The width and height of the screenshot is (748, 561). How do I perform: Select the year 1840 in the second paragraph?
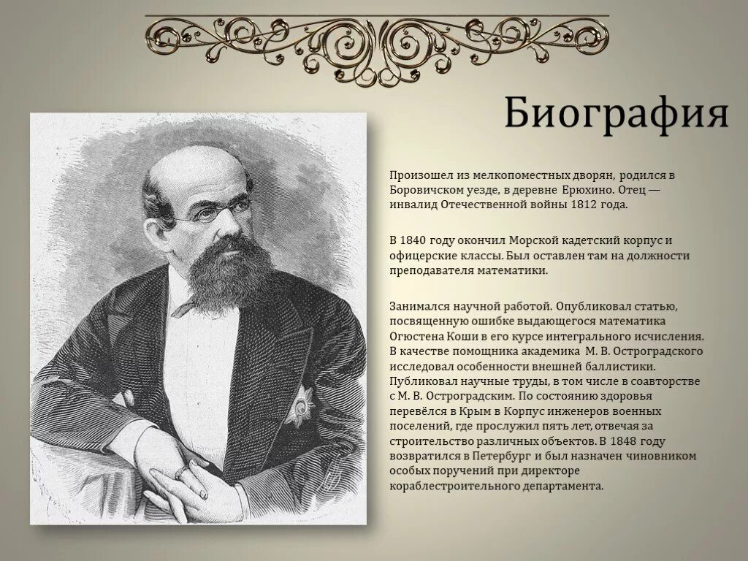(x=415, y=240)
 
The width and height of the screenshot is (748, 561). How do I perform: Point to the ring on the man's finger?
(x=180, y=473)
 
